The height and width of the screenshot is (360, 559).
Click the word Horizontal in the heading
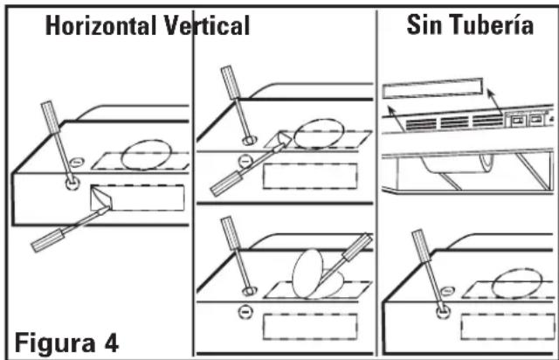coord(101,25)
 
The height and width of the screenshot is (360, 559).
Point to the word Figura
coord(54,343)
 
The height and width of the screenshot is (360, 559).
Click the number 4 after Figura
coord(112,343)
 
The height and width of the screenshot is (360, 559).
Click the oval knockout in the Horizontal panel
coord(146,155)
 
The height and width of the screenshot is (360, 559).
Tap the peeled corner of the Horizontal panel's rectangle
coord(101,197)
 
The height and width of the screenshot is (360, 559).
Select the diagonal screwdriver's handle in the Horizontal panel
coord(48,240)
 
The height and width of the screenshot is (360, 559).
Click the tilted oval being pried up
coord(307,273)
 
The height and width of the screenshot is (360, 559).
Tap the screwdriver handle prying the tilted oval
coord(357,246)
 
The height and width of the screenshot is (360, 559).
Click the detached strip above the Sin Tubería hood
coord(432,88)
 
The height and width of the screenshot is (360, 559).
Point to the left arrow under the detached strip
coord(396,118)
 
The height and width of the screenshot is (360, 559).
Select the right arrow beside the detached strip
coord(495,101)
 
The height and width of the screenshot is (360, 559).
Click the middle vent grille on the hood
coord(454,122)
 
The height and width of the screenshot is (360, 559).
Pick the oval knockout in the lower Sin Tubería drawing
coord(517,284)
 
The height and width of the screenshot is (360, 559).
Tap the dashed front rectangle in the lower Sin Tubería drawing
coord(507,327)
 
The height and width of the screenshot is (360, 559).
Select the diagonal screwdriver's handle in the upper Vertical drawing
coord(227,183)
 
